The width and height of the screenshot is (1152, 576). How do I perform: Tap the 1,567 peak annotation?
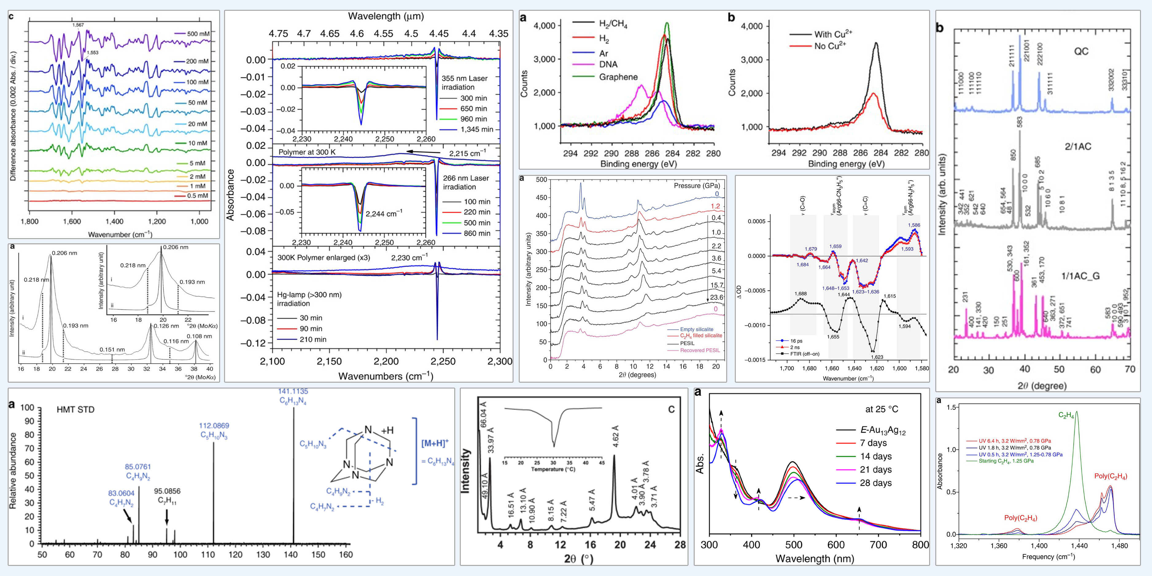78,25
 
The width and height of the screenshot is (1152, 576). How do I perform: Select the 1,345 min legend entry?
477,129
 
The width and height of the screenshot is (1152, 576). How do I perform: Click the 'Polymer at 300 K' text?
307,152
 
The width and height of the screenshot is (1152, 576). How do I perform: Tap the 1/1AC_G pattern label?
1080,276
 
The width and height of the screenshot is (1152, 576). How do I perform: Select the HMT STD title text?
76,410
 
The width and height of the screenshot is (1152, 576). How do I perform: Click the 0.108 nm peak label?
200,336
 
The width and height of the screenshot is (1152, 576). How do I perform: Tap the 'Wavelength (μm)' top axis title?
386,17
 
